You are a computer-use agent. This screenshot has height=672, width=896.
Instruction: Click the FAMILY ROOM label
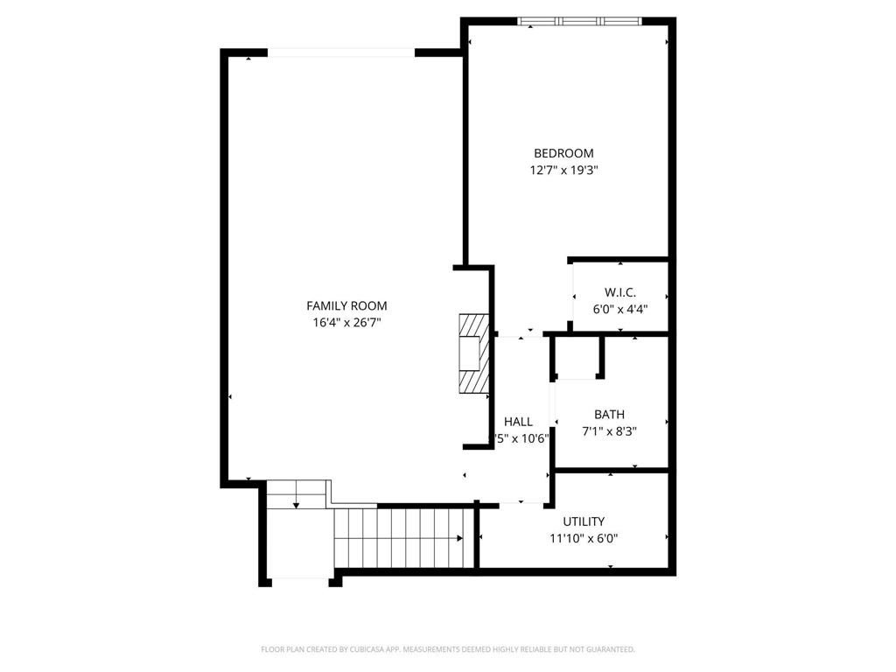click(x=346, y=305)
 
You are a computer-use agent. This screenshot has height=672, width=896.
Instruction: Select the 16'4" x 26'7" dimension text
click(x=346, y=322)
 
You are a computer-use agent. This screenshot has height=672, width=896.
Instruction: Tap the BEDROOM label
click(x=563, y=153)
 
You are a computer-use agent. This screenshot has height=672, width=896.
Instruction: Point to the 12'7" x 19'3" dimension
click(x=563, y=171)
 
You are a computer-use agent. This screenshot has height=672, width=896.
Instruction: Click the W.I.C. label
click(x=619, y=291)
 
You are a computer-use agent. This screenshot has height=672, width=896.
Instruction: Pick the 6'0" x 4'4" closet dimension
click(x=619, y=308)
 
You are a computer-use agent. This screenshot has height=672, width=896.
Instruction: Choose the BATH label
click(x=609, y=414)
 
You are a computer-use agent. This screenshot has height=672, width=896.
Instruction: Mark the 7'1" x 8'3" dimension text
click(x=609, y=430)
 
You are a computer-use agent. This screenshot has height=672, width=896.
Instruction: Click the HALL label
click(x=518, y=422)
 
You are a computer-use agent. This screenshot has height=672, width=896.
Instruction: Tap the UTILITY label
click(x=584, y=521)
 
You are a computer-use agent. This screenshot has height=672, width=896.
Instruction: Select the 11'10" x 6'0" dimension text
click(x=584, y=539)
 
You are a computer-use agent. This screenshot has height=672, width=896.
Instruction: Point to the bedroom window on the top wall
click(x=580, y=21)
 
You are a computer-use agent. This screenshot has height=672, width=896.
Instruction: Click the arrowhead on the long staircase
click(x=459, y=538)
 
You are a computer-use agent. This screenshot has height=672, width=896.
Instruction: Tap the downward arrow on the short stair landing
click(x=297, y=503)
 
